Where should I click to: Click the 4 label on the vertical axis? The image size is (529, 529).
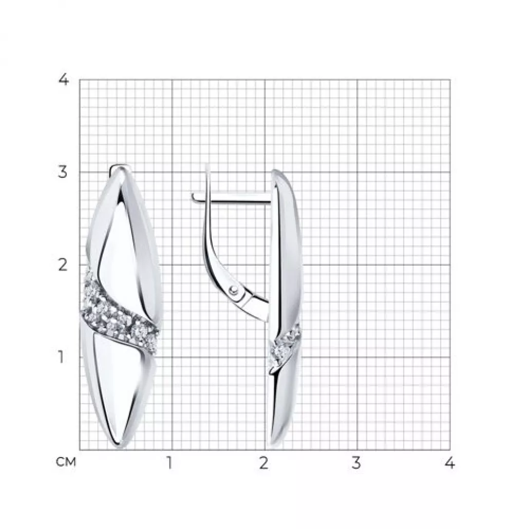pos(63,80)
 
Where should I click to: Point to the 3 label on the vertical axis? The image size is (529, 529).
pos(63,173)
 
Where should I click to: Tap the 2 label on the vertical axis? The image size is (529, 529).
pos(63,265)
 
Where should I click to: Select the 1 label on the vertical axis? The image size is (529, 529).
pos(61,357)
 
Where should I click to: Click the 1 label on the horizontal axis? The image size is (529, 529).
pos(169,463)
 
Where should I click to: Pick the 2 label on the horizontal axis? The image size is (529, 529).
pos(264,463)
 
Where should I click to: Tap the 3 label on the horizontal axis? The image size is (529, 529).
pos(356,463)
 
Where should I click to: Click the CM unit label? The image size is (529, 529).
pos(66,462)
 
